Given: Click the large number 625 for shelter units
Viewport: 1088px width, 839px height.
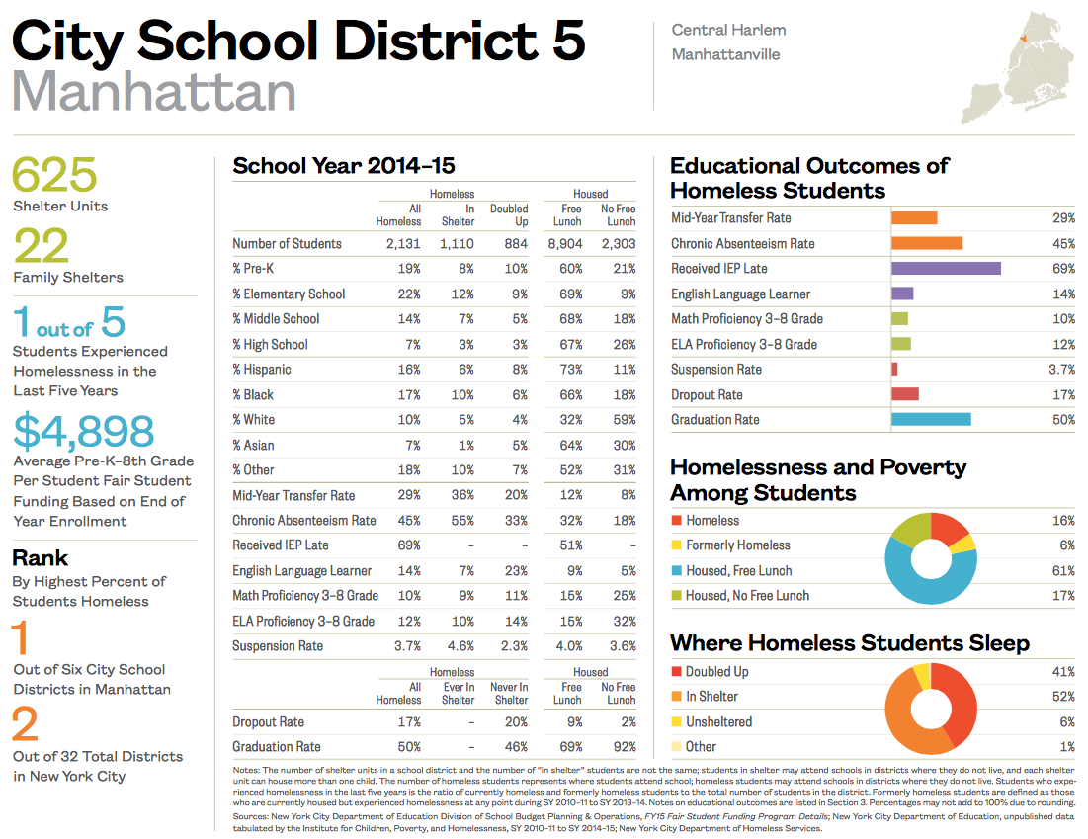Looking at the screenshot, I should pos(54,175).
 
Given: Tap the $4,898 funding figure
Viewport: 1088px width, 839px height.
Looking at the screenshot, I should pos(84,431).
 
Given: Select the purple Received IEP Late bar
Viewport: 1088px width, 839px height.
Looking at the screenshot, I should pos(946,269).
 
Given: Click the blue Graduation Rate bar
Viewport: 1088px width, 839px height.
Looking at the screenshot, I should pos(931,420).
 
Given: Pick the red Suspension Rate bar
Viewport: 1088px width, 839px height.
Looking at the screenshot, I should pos(894,370).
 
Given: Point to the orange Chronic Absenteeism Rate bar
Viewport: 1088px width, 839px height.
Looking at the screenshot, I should pos(926,243).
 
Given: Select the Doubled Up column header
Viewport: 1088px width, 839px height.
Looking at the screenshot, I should pos(509,215).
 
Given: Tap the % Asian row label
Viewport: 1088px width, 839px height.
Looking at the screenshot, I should pos(255,445).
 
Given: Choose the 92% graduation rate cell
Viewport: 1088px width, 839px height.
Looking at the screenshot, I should pos(623,747).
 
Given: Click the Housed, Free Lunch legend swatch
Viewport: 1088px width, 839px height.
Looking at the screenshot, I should pos(676,571).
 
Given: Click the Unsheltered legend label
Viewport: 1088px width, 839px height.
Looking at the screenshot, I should pos(718,722).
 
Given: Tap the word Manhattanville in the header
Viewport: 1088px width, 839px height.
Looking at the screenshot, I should pos(725,54).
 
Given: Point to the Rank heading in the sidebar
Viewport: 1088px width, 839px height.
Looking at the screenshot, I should pos(41,558).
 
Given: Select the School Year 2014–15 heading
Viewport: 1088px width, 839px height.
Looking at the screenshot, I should pos(343,166).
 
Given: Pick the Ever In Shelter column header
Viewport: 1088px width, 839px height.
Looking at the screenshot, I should pos(458,694).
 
